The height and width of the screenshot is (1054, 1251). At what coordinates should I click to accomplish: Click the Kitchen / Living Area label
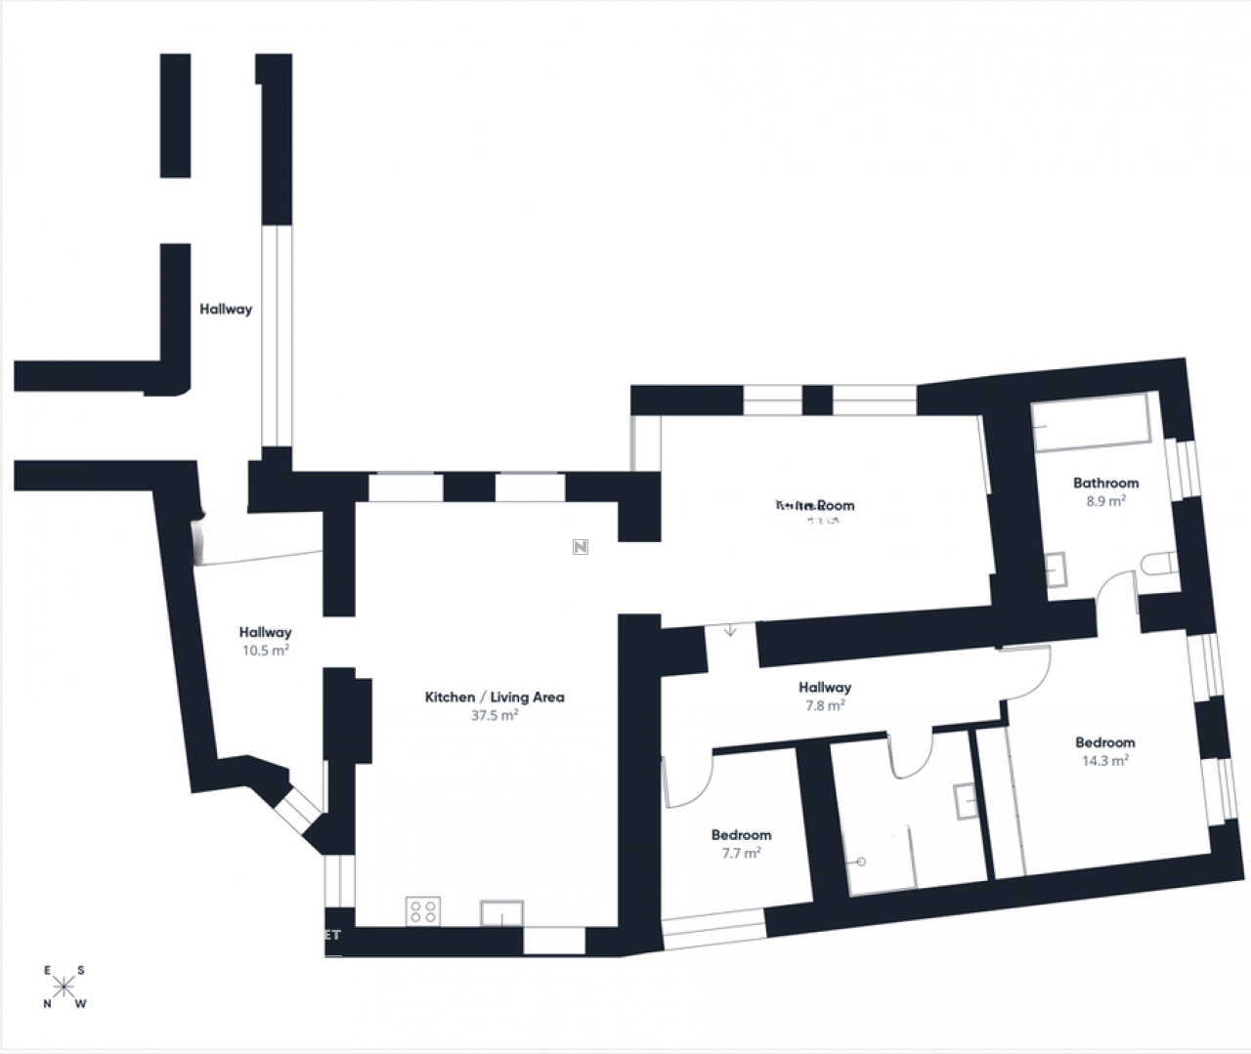[x=495, y=696]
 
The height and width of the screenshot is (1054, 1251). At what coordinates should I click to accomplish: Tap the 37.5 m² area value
[x=495, y=715]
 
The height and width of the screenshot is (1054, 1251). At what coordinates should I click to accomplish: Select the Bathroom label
[x=1105, y=483]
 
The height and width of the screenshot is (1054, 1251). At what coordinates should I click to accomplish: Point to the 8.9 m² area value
[x=1105, y=500]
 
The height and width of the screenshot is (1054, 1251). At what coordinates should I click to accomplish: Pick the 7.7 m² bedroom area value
[x=741, y=853]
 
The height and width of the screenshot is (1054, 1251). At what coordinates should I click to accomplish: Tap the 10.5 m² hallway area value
[x=266, y=650]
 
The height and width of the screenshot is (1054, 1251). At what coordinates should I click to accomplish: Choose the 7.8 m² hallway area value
[x=824, y=705]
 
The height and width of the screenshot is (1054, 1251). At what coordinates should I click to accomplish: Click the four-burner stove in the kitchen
[x=423, y=911]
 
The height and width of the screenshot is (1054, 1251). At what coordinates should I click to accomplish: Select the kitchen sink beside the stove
[x=501, y=913]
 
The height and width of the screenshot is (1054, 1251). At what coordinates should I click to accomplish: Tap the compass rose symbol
[x=65, y=987]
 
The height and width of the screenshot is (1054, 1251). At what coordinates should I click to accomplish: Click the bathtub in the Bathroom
[x=1093, y=423]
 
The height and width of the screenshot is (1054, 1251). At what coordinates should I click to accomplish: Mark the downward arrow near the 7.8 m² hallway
[x=730, y=630]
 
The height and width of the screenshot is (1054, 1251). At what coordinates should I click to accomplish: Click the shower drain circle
[x=861, y=863]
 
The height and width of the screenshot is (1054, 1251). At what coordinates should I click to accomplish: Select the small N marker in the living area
[x=580, y=546]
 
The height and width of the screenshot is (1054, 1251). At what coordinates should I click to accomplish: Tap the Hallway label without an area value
[x=226, y=309]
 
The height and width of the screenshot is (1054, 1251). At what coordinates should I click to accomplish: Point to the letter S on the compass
[x=81, y=970]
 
